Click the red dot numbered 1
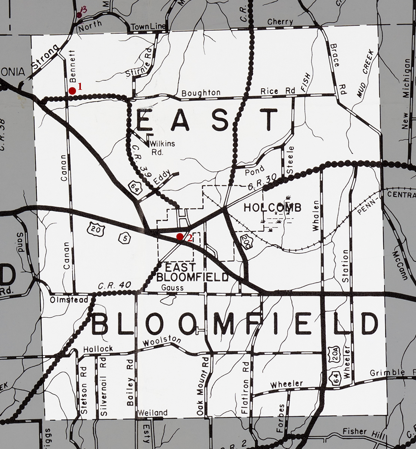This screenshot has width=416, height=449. point(72,91)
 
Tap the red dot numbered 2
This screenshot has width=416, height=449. point(180,236)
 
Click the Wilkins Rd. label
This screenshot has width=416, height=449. point(162,147)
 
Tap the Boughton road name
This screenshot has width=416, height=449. point(201,93)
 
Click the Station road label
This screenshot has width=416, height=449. point(345,266)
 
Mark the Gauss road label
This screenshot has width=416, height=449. point(173,287)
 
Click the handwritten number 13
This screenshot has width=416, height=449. point(83,10)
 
